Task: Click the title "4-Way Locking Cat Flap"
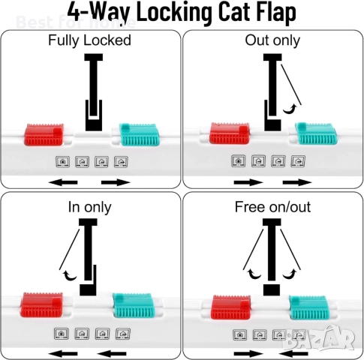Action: pos(181,13)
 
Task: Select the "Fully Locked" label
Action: pos(89,40)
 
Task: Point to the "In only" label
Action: pos(89,206)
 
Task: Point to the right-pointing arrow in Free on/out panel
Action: pos(247,352)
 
